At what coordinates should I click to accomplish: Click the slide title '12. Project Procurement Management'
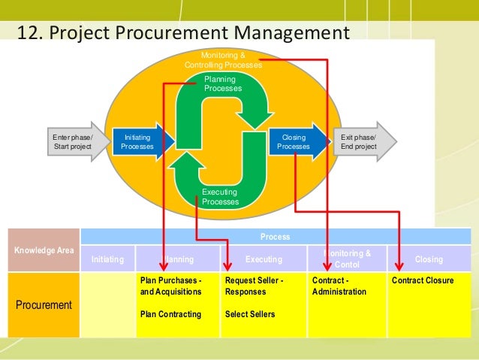[184, 33]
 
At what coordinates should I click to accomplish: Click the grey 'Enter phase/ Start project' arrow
[74, 141]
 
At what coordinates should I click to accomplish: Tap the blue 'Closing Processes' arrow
[295, 142]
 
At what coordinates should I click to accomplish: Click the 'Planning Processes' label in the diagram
[223, 83]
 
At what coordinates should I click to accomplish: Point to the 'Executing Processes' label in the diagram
[221, 197]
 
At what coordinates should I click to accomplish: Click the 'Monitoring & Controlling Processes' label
[224, 60]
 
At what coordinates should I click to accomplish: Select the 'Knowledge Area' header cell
[43, 248]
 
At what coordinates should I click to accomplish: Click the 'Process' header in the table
[279, 236]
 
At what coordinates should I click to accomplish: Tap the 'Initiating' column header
[107, 259]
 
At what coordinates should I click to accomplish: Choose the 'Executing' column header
[264, 259]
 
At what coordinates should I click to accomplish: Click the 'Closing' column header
[429, 259]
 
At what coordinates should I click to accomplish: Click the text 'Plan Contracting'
[170, 314]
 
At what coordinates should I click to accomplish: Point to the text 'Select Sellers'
[250, 314]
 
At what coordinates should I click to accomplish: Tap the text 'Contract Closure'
[423, 280]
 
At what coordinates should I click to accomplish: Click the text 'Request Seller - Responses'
[255, 286]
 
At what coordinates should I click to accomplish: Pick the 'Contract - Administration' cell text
[339, 286]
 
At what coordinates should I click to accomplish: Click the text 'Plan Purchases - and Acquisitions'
[171, 286]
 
